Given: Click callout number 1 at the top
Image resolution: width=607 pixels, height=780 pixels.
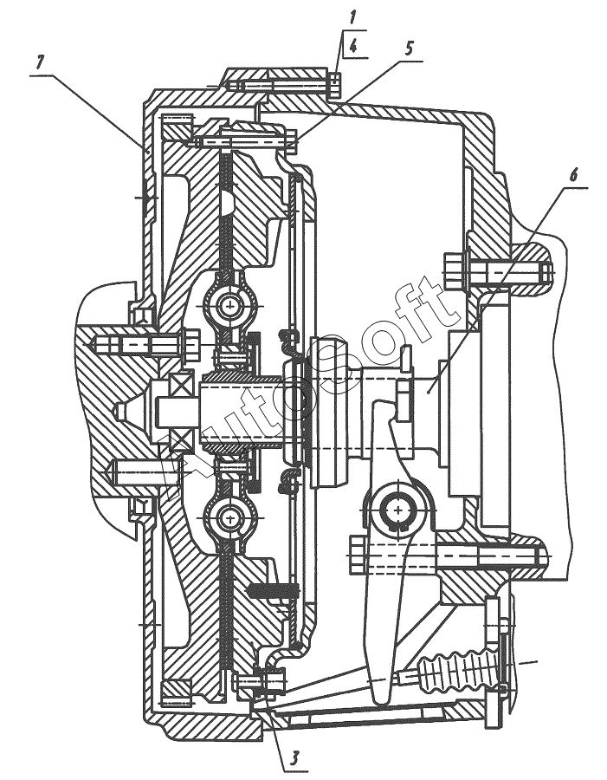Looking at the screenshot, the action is pyautogui.click(x=352, y=18).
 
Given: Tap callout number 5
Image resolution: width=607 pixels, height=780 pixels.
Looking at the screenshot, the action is pyautogui.click(x=409, y=48).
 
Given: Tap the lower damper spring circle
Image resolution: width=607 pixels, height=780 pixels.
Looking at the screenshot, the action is pyautogui.click(x=230, y=519).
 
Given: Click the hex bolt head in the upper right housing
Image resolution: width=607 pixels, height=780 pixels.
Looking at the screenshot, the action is pyautogui.click(x=455, y=271).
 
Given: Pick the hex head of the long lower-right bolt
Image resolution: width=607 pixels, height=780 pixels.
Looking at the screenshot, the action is pyautogui.click(x=358, y=556).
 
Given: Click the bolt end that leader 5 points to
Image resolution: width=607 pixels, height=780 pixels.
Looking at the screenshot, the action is pyautogui.click(x=291, y=142).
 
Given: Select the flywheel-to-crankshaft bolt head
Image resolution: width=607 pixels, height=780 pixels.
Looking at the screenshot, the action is pyautogui.click(x=191, y=343).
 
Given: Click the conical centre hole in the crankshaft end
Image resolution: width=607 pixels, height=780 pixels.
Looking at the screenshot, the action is pyautogui.click(x=120, y=410).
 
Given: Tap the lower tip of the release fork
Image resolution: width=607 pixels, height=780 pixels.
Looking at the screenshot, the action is pyautogui.click(x=381, y=699).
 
